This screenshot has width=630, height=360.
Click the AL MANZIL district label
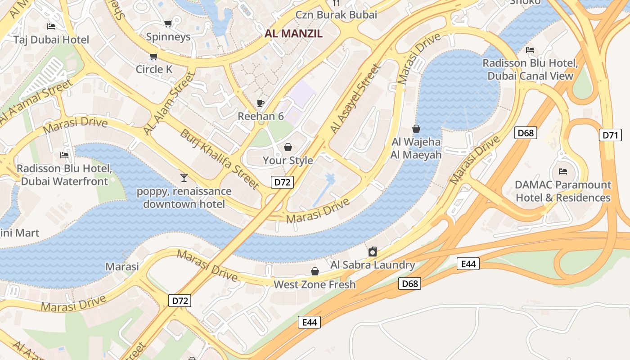pos(293,33)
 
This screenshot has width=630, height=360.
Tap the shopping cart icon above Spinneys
pos(168,23)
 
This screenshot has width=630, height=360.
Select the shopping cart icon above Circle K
pos(154,56)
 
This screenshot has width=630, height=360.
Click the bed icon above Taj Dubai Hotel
pos(51,27)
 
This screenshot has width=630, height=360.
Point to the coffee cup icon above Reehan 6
pos(260,103)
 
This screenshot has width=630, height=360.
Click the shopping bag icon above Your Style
pos(288,147)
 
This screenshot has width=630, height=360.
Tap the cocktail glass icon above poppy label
pos(184,177)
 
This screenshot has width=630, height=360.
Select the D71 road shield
pos(610,135)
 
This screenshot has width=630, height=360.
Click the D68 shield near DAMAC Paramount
pos(526,133)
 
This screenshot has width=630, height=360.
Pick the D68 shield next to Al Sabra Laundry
pos(409,283)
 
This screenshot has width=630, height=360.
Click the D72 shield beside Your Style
pos(283,182)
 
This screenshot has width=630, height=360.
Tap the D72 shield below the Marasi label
pos(180,301)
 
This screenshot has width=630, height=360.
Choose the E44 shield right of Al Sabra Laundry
pos(468,264)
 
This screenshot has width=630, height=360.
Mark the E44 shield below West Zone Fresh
pos(309,322)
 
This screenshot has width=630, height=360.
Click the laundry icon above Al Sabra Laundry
pos(373,252)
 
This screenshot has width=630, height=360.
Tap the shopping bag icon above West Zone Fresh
pos(315,271)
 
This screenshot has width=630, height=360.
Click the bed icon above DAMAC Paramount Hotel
pos(563,171)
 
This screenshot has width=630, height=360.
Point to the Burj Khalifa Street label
pos(220,159)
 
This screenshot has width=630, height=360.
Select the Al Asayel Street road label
pos(355,99)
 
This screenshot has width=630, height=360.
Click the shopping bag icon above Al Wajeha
pos(416,129)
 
